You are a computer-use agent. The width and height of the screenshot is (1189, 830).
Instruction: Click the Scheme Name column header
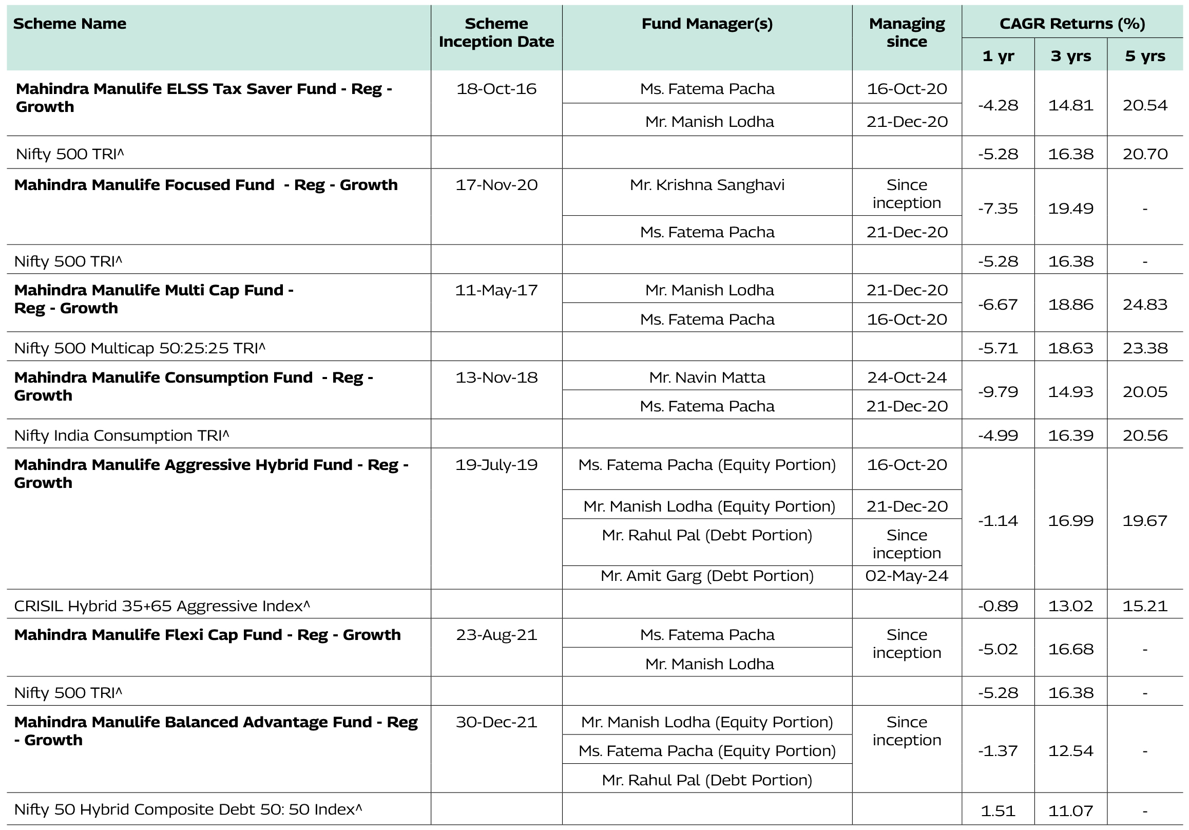(69, 24)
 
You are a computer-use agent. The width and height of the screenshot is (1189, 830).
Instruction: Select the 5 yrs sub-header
(1144, 56)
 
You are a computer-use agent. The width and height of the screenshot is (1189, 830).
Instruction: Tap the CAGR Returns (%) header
(1071, 24)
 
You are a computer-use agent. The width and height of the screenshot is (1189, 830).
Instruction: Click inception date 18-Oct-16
(496, 89)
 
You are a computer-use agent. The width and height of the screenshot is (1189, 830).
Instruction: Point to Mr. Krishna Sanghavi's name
(707, 185)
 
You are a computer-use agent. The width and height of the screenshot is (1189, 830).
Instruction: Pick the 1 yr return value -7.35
(998, 209)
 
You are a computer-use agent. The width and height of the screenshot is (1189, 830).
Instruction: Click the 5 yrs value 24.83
(1144, 305)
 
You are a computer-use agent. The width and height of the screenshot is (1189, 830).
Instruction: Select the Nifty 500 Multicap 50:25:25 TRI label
(139, 348)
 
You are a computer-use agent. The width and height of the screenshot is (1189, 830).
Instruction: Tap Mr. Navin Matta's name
(707, 378)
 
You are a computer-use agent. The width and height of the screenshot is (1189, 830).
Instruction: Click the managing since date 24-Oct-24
(906, 378)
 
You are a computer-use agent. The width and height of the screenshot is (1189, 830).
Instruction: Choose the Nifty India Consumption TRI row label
(121, 436)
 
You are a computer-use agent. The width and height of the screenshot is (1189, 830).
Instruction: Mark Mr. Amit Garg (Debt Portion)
(707, 576)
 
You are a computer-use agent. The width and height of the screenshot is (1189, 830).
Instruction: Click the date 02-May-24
(906, 576)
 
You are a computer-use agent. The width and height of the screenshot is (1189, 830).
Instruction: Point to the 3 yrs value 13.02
(1070, 606)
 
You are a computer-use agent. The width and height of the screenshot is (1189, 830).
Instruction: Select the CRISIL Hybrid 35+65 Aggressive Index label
(162, 606)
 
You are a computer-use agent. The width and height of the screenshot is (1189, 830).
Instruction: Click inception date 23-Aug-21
(496, 635)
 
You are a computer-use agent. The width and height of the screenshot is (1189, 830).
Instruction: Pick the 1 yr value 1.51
(998, 811)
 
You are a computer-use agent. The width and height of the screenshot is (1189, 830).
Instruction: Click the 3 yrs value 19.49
(1070, 209)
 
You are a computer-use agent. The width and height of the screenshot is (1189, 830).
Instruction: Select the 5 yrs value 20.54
(1144, 106)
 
